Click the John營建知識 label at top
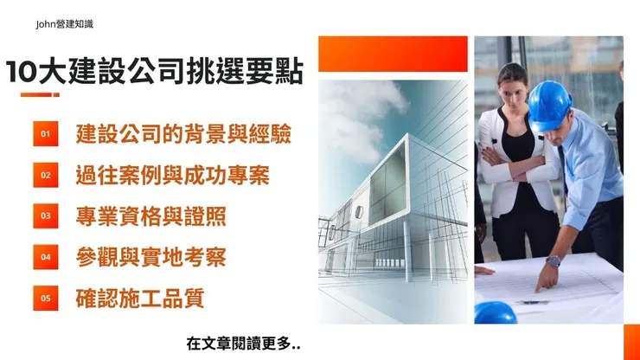click(65, 24)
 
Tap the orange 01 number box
click(46, 134)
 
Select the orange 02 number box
click(46, 175)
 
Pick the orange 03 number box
click(46, 215)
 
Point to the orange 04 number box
click(46, 256)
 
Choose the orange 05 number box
click(46, 298)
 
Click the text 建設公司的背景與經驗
click(183, 134)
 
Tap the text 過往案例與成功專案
click(172, 175)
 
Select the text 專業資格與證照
click(150, 215)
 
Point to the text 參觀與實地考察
click(150, 256)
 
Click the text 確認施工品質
click(140, 298)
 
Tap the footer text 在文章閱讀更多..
click(244, 342)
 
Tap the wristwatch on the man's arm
click(553, 260)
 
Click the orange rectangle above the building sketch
click(393, 54)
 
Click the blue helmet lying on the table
click(495, 312)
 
